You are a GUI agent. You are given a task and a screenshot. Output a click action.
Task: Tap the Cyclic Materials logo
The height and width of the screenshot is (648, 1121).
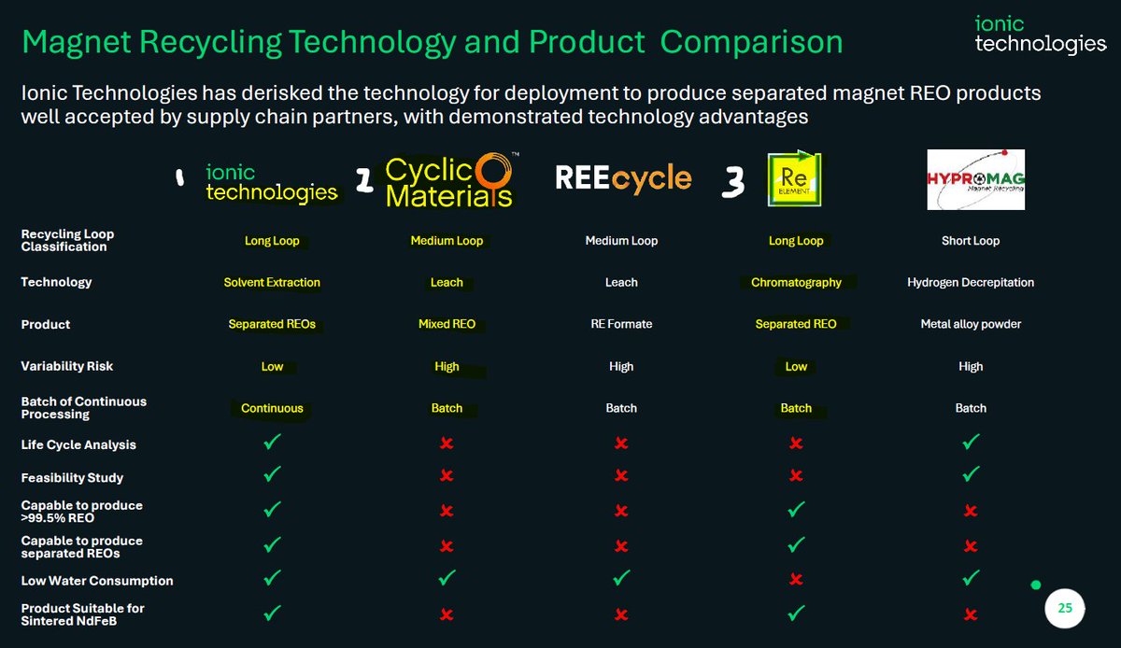pos(448,180)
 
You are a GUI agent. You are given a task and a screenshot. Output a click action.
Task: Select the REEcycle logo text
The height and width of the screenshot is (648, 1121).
pos(623,178)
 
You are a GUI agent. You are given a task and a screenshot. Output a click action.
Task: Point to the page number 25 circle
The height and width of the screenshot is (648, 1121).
pos(1065,609)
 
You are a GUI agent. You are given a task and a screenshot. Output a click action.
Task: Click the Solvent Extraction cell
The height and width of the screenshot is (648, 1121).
pos(272,282)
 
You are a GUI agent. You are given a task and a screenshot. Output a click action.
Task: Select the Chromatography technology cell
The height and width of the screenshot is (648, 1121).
pos(796,282)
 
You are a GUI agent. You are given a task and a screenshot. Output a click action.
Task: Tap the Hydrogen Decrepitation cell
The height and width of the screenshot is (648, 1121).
pos(971,282)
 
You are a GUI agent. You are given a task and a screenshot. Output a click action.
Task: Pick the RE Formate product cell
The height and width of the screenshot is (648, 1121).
pos(621,324)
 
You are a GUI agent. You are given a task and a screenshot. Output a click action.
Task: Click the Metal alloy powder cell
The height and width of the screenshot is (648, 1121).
pos(971,324)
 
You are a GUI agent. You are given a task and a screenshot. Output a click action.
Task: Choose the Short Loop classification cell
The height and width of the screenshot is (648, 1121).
pos(971,241)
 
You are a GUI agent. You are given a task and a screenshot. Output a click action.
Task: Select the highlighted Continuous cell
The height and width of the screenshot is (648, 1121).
pos(272,408)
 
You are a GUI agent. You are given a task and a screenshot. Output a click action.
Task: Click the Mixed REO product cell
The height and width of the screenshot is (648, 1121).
pos(447,324)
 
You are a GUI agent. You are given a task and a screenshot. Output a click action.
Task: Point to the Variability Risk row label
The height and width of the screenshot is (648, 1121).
pos(67,366)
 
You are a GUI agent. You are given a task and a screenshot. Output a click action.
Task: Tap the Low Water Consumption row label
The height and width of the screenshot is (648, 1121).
pos(97,581)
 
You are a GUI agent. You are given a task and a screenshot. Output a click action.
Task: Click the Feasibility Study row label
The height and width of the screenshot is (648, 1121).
pos(72,478)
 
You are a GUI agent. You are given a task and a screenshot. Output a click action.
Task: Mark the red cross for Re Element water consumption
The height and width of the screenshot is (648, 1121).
pos(796,580)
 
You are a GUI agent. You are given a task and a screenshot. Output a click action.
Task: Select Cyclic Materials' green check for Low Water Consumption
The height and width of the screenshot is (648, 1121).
pos(447,579)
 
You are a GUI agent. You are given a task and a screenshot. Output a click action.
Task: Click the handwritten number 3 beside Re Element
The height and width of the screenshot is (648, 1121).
pos(734,183)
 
